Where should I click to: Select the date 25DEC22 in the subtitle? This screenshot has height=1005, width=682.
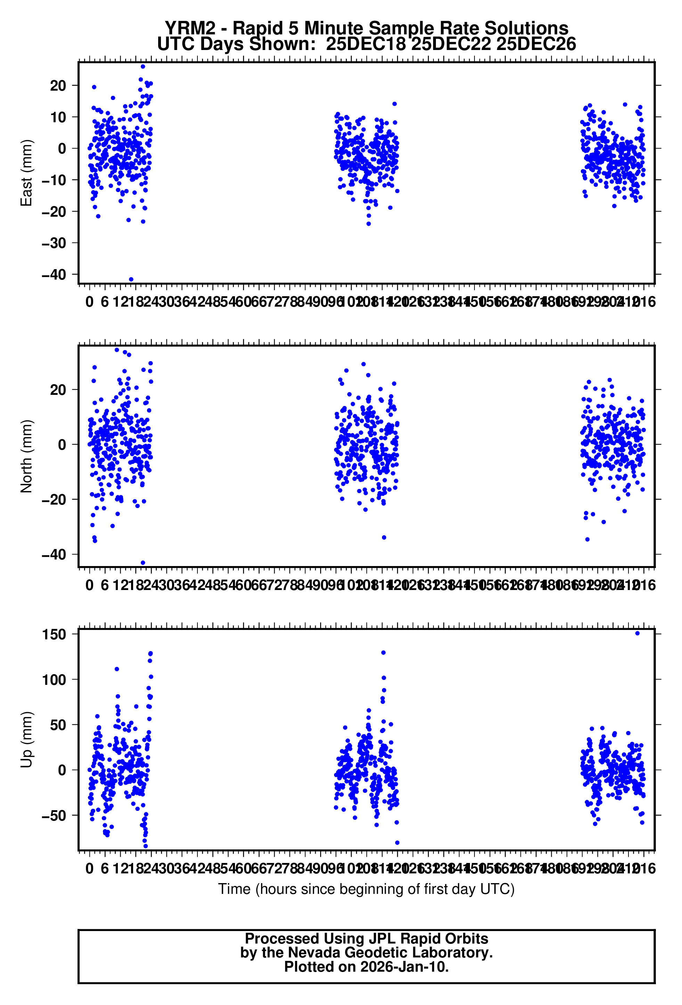(450, 44)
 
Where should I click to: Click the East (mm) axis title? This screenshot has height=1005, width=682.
(26, 173)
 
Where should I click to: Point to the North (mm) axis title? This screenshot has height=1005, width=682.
(26, 456)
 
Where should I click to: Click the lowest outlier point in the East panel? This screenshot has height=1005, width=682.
(131, 279)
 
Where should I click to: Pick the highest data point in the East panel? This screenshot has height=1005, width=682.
(143, 67)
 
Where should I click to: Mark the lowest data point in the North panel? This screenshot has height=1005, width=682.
(143, 563)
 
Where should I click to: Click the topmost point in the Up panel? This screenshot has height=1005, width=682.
(637, 633)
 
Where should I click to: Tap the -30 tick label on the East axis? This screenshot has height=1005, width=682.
(54, 243)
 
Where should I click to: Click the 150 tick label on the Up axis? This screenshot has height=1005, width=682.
(54, 634)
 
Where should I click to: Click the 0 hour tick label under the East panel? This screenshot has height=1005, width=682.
(90, 302)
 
